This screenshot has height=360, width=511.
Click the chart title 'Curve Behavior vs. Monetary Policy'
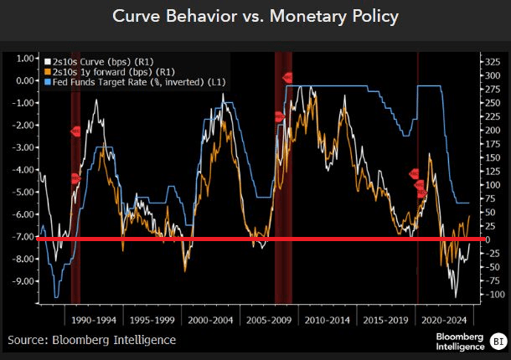point(255,18)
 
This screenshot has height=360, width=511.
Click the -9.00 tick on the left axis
point(25,280)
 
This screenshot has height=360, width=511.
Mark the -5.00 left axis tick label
point(25,192)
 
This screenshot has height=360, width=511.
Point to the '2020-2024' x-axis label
point(444,319)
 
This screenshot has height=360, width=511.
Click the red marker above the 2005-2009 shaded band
point(287,77)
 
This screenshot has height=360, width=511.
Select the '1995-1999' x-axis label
point(153,319)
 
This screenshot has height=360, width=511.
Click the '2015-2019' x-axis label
point(385,319)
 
